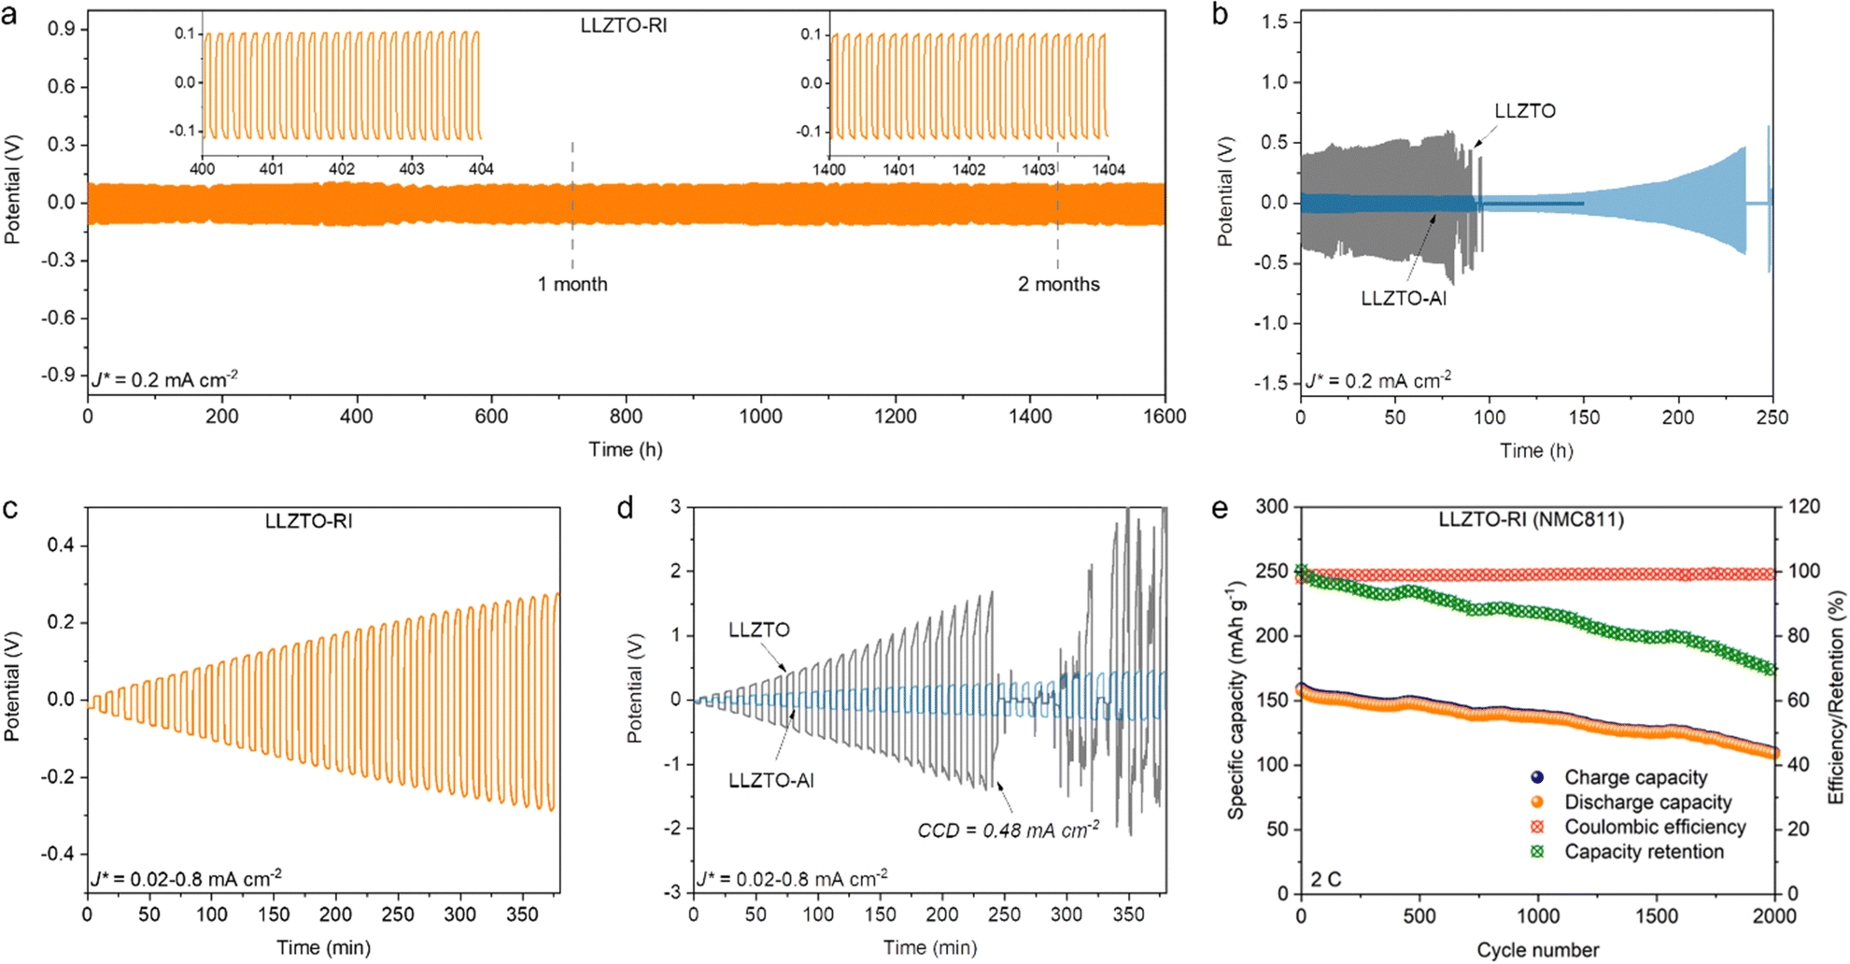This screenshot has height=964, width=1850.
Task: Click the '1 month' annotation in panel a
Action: [572, 284]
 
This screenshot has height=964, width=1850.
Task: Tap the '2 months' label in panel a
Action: [1058, 284]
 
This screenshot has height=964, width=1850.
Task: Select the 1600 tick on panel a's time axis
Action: [1164, 417]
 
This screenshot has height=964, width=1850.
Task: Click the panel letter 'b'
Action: [1221, 16]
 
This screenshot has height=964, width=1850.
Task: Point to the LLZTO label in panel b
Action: [1524, 111]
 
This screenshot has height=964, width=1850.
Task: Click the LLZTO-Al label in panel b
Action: [1403, 299]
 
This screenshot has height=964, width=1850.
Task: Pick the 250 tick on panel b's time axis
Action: [1772, 418]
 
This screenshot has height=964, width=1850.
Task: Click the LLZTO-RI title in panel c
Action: [308, 521]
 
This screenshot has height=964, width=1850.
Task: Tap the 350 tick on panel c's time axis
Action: [522, 914]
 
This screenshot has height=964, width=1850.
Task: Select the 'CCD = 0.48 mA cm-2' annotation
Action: [1008, 829]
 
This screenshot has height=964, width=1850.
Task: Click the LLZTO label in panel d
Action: [758, 631]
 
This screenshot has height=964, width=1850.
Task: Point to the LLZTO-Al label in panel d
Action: [770, 781]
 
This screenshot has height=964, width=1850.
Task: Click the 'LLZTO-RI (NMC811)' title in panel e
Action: [1531, 519]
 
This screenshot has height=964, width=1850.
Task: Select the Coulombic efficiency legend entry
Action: [1655, 827]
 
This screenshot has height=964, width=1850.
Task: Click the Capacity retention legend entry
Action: [1644, 852]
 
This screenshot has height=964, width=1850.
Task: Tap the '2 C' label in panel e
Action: [1325, 879]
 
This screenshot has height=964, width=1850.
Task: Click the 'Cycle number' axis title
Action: [1537, 950]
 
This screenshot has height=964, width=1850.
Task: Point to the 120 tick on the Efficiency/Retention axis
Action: [1802, 506]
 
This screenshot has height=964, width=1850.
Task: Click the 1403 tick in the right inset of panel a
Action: [1038, 170]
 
